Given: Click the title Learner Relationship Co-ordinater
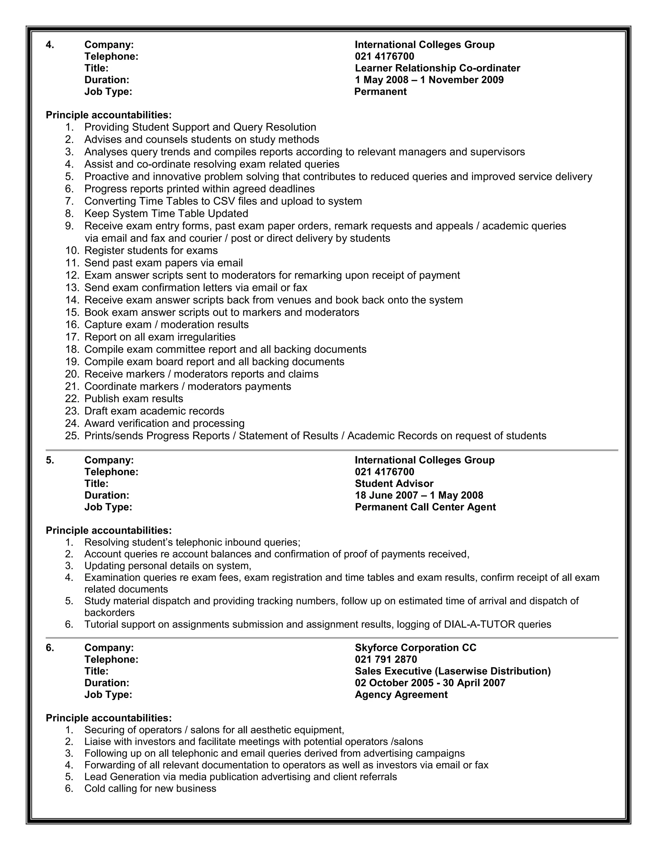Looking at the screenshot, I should (437, 68).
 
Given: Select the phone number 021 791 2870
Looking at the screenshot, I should (386, 659).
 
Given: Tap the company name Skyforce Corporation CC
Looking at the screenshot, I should (415, 648).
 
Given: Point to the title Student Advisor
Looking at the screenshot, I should (394, 483).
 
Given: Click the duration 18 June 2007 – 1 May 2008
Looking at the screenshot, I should (419, 495).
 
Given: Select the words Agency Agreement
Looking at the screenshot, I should (401, 694).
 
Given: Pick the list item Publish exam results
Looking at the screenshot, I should (133, 398).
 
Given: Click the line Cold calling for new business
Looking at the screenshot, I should (150, 788).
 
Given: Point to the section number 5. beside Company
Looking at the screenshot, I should (50, 460).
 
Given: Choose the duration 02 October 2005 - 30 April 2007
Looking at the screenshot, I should (430, 683).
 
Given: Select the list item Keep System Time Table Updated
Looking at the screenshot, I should (166, 214).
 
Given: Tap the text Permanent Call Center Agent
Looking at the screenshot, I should (425, 507).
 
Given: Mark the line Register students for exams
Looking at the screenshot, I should (151, 250).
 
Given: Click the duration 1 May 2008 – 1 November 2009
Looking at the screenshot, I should (429, 80).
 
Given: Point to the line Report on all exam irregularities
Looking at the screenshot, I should (160, 337).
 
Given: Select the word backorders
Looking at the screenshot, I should (109, 613).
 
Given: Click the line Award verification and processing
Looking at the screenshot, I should (164, 423).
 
